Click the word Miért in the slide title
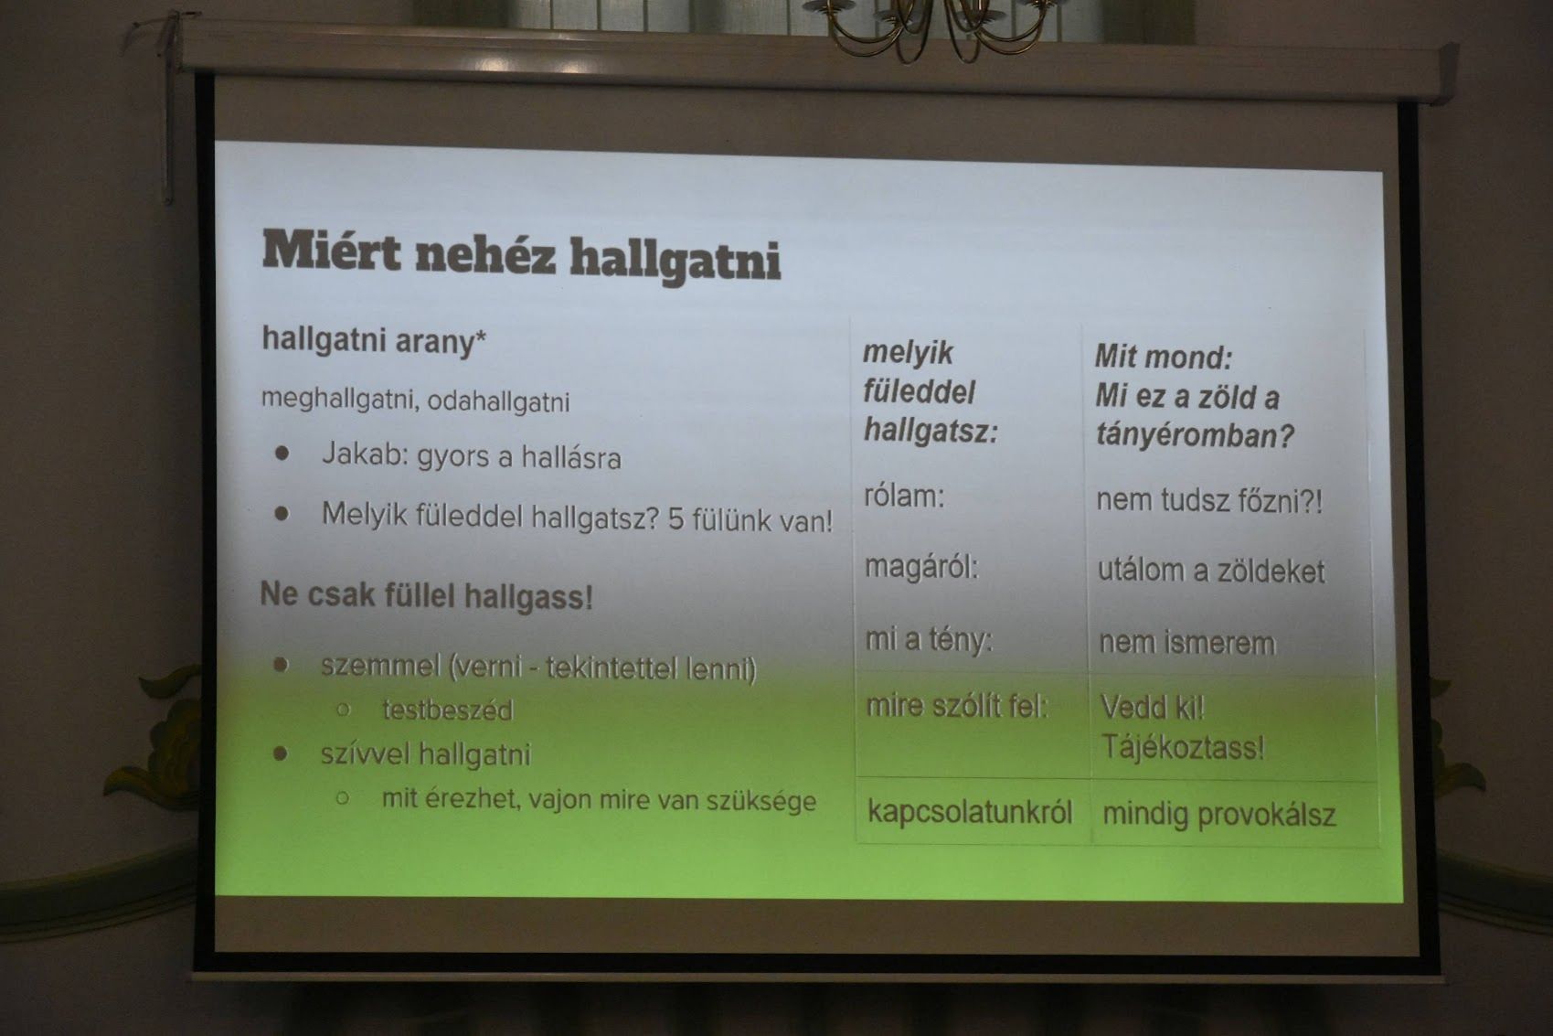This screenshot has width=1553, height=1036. pos(332,251)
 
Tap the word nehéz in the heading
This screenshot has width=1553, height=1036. pos(486,254)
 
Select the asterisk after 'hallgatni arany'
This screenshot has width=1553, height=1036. pos(480,336)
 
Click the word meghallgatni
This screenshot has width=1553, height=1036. pos(338,400)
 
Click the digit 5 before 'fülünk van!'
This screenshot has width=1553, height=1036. pos(676,520)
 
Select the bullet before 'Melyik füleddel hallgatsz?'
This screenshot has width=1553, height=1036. pos(282,514)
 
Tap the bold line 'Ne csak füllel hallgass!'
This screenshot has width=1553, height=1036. pos(426,596)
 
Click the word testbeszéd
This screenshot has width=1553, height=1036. pos(448,710)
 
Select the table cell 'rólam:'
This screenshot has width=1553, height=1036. pos(904,497)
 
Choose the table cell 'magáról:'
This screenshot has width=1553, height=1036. pos(921,568)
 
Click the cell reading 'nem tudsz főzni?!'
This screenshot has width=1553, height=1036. pos(1209,501)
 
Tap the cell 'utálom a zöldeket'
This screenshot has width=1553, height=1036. pos(1211,571)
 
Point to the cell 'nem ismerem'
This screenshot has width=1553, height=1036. pos(1187,643)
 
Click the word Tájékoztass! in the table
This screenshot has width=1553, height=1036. pos(1183,748)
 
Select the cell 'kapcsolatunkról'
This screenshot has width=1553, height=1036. pos(970,812)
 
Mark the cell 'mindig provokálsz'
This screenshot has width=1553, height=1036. pos(1218,815)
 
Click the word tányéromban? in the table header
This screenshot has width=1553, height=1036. pos(1195,436)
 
